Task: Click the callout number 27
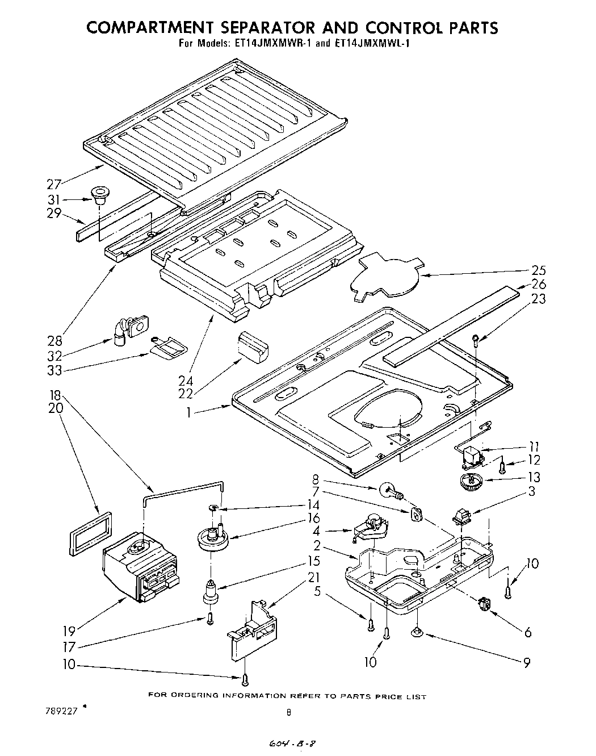click(x=54, y=183)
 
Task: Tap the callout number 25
click(x=538, y=270)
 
